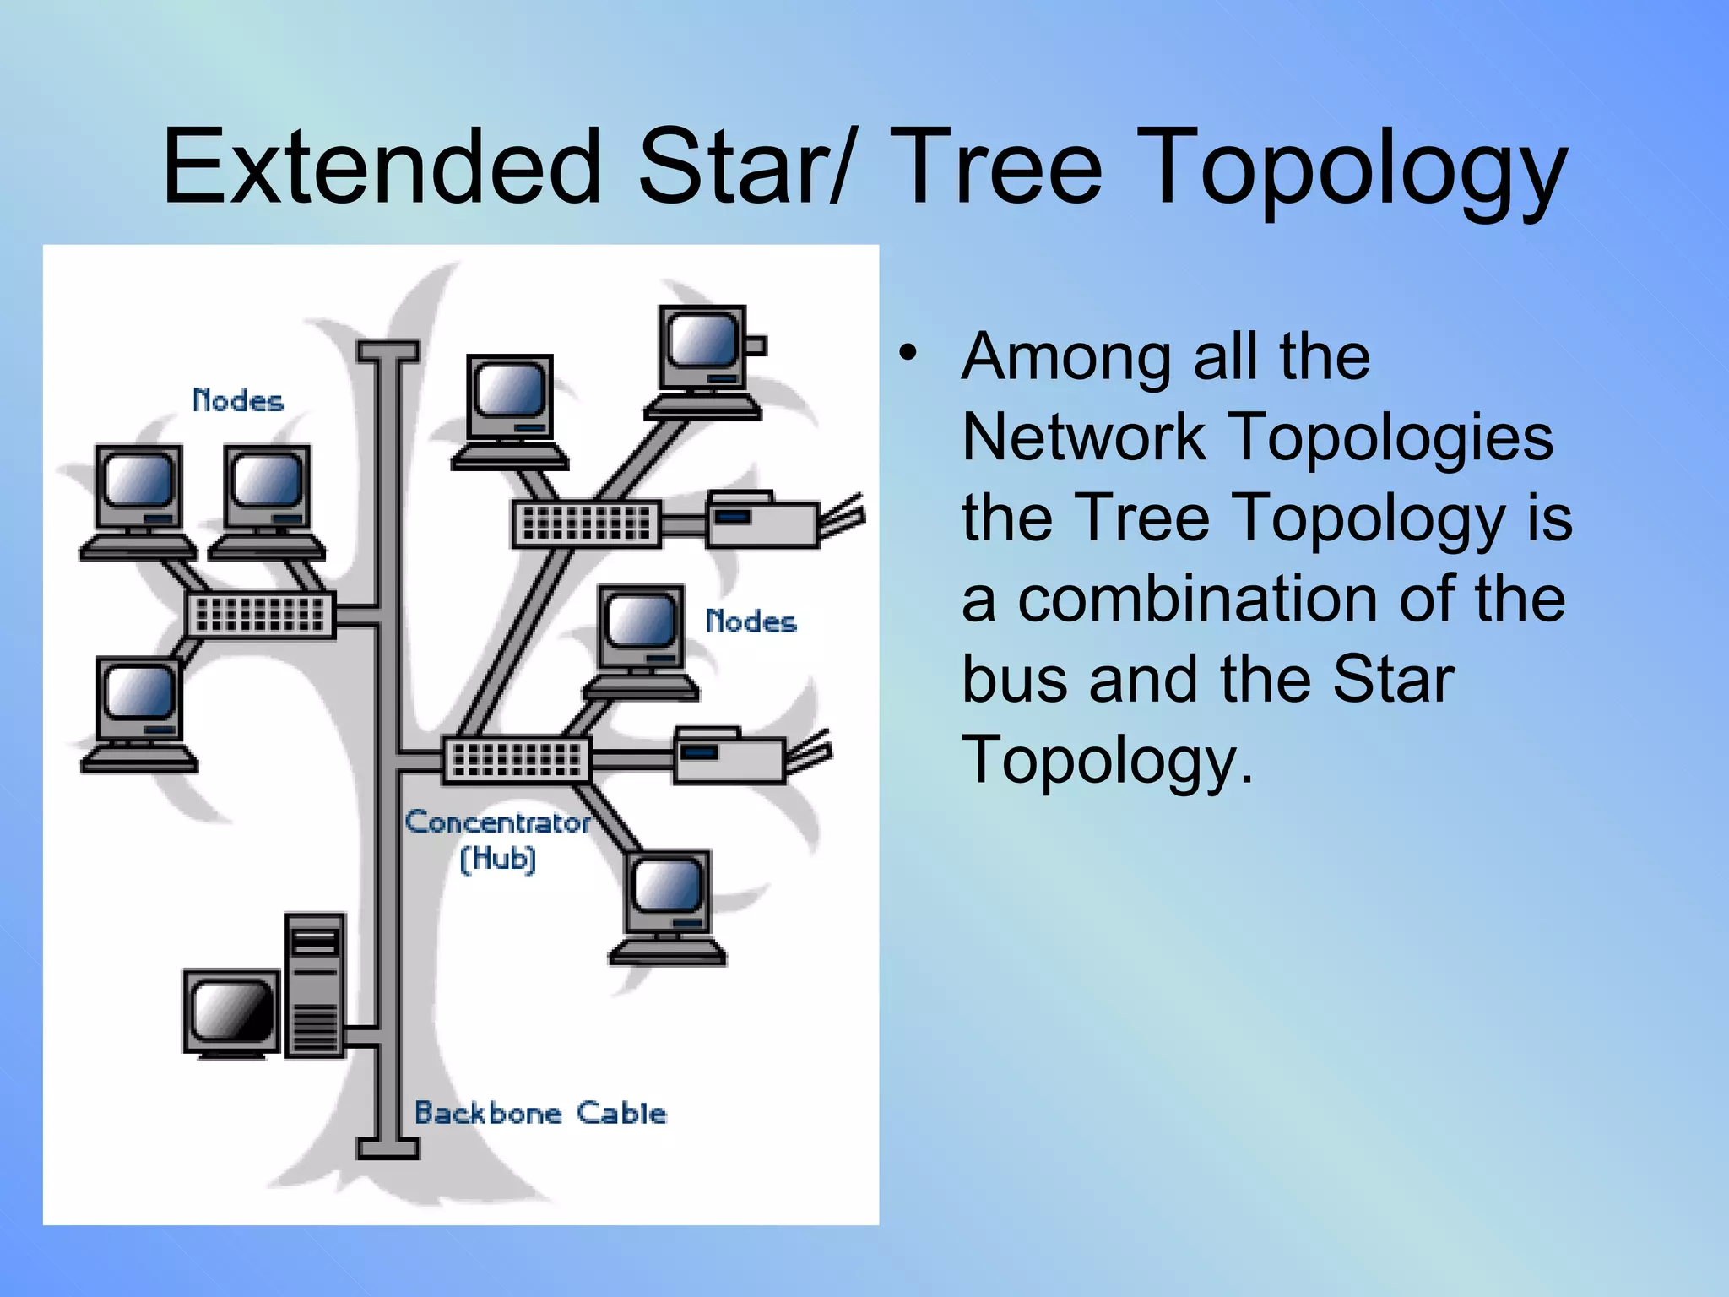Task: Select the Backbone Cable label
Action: [x=540, y=1113]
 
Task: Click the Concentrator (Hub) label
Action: [x=498, y=839]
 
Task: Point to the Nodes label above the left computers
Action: [x=238, y=400]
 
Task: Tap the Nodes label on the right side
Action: [x=751, y=621]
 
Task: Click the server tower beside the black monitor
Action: [x=315, y=985]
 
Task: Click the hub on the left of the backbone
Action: [x=260, y=613]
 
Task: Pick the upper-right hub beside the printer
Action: [x=587, y=524]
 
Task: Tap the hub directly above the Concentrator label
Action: [x=517, y=759]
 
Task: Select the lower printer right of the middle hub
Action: [x=729, y=755]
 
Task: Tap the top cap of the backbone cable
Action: [x=388, y=350]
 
